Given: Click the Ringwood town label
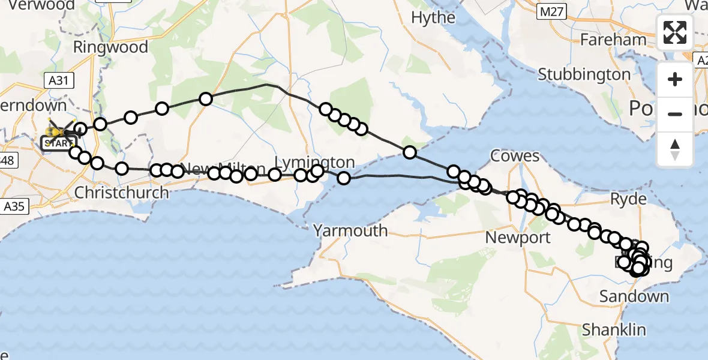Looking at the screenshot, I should [110, 47].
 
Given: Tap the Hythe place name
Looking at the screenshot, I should [433, 18].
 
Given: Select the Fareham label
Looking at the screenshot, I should [614, 40].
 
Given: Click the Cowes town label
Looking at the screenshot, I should [515, 156].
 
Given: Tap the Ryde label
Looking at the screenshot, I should [629, 199].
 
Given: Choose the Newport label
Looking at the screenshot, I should [518, 238].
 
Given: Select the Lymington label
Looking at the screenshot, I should [315, 162].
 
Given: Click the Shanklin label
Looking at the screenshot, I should [613, 329].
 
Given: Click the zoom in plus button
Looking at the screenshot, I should [675, 79].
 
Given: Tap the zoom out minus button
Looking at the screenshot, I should [675, 114].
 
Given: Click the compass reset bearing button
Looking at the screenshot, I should [675, 149].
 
